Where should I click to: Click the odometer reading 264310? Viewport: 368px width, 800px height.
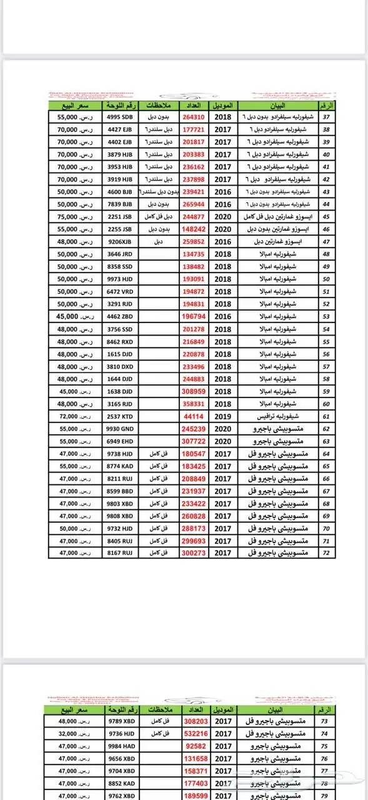(194, 117)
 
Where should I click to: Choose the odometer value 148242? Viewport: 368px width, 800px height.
(194, 229)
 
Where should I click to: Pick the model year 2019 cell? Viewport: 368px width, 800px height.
(223, 416)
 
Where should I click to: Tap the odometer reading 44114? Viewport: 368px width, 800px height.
(194, 416)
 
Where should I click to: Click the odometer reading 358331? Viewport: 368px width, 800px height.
(194, 404)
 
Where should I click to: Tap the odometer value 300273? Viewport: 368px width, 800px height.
(194, 553)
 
